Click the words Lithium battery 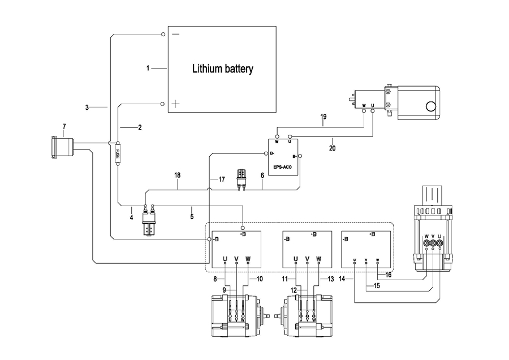point(222,70)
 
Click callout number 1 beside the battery point(148,68)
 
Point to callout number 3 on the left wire point(87,107)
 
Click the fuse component point(118,153)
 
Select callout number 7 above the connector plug point(64,126)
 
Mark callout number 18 point(178,177)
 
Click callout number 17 point(222,179)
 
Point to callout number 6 point(262,177)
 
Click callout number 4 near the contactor point(131,216)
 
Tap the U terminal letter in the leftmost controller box point(225,260)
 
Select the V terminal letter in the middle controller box point(307,260)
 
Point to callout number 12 point(294,290)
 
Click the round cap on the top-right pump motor point(431,105)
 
